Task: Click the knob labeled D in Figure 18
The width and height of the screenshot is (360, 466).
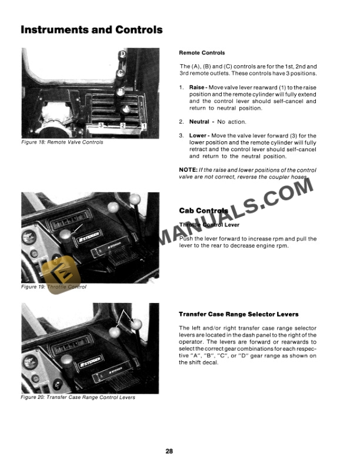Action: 123,55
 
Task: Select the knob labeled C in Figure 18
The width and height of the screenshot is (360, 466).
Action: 120,73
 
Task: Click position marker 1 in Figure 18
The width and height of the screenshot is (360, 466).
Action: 144,126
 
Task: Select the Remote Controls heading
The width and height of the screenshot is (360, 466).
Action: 202,53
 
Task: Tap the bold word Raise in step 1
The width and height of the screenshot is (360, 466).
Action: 196,88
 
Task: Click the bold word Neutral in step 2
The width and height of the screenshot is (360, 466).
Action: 199,122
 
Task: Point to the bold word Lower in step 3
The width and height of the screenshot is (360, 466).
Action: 198,135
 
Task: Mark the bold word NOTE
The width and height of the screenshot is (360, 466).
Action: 188,170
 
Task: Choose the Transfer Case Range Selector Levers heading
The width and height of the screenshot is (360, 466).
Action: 238,314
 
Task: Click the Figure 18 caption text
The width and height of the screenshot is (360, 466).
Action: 62,142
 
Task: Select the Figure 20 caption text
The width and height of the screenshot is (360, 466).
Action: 78,397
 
